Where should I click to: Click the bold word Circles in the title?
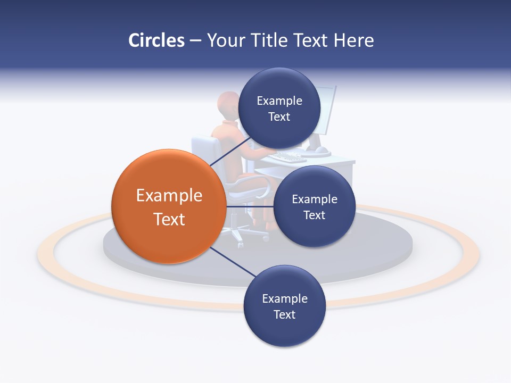156,40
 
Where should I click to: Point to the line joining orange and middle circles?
250,206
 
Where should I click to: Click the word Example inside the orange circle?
169,196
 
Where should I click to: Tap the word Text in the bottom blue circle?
284,314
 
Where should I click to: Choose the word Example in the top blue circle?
279,101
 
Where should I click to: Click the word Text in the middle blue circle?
314,215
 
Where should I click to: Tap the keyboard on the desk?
287,157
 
